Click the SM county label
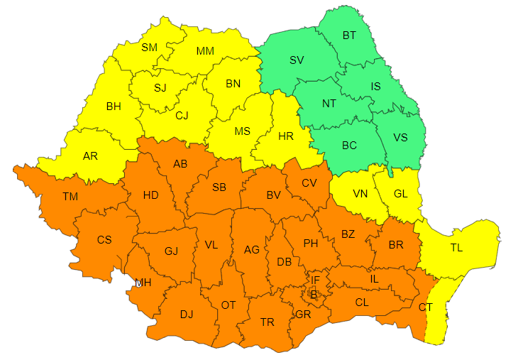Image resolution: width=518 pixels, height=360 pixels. tap(150, 48)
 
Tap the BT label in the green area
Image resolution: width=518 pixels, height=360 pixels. tap(350, 35)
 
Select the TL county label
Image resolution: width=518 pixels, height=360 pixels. tap(456, 249)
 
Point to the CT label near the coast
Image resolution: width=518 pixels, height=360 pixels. tap(425, 307)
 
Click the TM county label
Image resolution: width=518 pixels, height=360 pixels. tap(70, 196)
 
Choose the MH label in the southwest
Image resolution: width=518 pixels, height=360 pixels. tap(143, 283)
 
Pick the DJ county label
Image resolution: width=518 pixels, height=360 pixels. tap(186, 314)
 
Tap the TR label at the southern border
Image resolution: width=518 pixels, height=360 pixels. tap(267, 322)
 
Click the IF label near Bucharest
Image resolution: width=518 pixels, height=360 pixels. tap(315, 280)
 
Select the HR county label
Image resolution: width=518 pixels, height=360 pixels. tap(286, 136)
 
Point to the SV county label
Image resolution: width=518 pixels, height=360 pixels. tap(297, 60)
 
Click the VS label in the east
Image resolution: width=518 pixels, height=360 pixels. tap(400, 137)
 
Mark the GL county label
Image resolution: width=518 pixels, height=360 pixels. tap(401, 193)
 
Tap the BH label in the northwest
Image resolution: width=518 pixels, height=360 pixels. tap(114, 107)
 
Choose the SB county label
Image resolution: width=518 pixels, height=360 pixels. tap(219, 187)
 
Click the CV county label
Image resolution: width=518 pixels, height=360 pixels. tap(309, 182)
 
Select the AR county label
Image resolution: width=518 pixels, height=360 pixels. tap(90, 156)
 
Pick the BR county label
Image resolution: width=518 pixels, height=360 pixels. tap(396, 244)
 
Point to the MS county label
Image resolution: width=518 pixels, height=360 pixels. tap(243, 131)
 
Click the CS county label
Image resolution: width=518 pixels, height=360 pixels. tap(104, 239)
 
